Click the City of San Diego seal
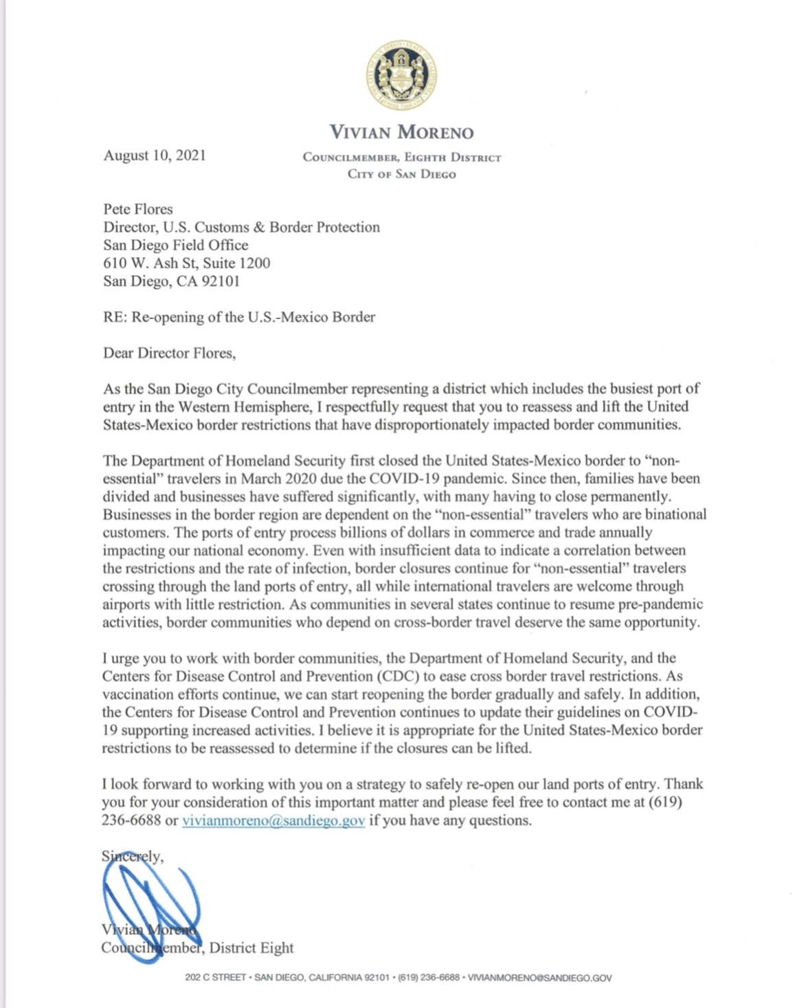[x=402, y=76]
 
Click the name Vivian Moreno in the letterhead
[x=401, y=132]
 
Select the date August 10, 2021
[x=155, y=155]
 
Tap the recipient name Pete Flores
[x=138, y=209]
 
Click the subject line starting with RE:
[x=239, y=317]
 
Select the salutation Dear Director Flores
[x=169, y=353]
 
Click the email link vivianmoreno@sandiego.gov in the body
[x=273, y=820]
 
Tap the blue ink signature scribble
[x=148, y=908]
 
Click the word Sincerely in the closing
[x=132, y=857]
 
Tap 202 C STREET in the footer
[x=215, y=978]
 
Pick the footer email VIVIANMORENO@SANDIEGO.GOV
[x=539, y=978]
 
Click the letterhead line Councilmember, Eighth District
[x=402, y=157]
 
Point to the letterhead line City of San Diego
[x=401, y=174]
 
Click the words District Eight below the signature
[x=251, y=947]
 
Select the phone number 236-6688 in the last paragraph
[x=131, y=820]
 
